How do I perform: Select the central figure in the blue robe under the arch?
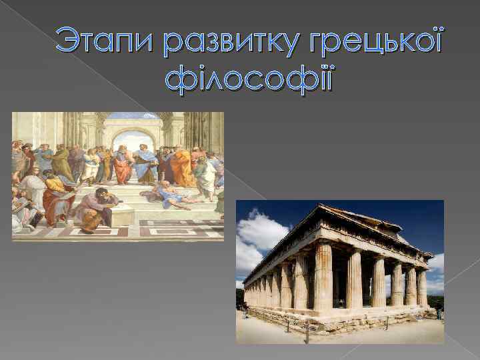point(145,163)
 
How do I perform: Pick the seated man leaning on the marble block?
point(97,207)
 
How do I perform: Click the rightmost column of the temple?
point(421,287)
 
